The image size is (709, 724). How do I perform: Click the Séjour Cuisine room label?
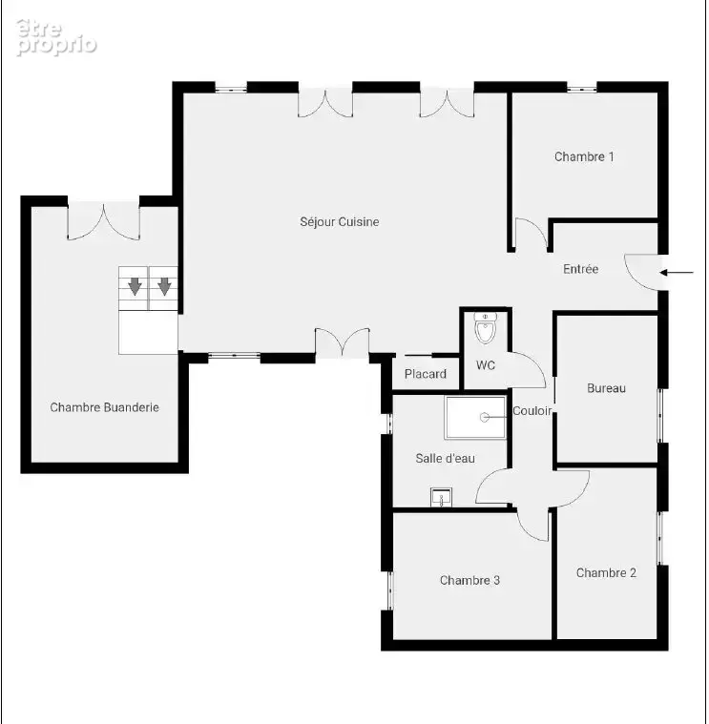coord(340,222)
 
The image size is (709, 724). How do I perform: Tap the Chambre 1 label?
coord(584,157)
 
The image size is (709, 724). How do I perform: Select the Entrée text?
coord(580,269)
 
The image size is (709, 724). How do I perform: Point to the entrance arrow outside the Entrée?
coord(677,273)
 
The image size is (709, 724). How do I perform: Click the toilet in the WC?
coord(486,328)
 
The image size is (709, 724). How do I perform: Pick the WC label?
coord(486,365)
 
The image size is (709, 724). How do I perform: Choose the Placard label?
coord(426,374)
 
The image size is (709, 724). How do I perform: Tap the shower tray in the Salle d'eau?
coord(475,418)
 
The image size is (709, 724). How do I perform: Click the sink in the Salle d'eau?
coord(441,497)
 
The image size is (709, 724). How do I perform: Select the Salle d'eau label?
coord(446,459)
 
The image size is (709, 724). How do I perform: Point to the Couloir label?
coord(532,411)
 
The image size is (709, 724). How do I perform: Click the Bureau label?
coord(607,388)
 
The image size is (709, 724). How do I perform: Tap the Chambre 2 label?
coord(607,573)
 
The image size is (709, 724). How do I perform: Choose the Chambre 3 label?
coord(469,580)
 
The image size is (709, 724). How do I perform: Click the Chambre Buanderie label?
coord(104,407)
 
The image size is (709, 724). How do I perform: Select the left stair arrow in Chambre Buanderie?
coord(135,286)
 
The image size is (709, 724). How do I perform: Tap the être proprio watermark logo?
coord(56,38)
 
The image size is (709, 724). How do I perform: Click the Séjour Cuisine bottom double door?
coord(343,341)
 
